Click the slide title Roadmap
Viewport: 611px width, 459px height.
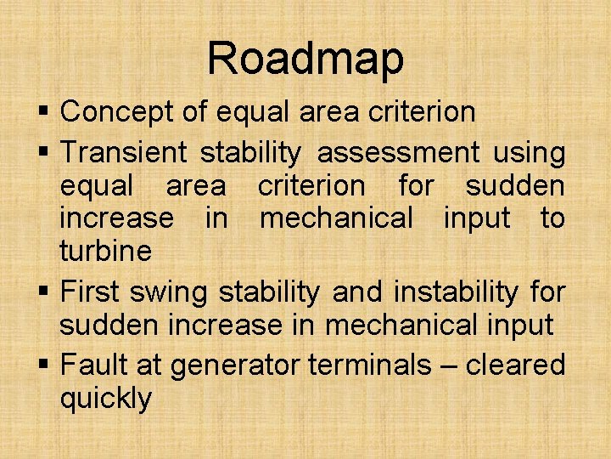coord(305,59)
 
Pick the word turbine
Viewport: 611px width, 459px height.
coord(105,251)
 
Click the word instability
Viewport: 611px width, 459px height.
coord(456,292)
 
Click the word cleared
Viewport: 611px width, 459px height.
coord(515,365)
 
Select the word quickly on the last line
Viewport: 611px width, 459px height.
coord(105,399)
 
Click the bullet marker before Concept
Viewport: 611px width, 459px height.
coord(44,112)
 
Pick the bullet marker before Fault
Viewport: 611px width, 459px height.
coord(44,366)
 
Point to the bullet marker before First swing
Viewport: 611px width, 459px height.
coord(44,293)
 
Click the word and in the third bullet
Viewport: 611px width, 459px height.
coord(357,292)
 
